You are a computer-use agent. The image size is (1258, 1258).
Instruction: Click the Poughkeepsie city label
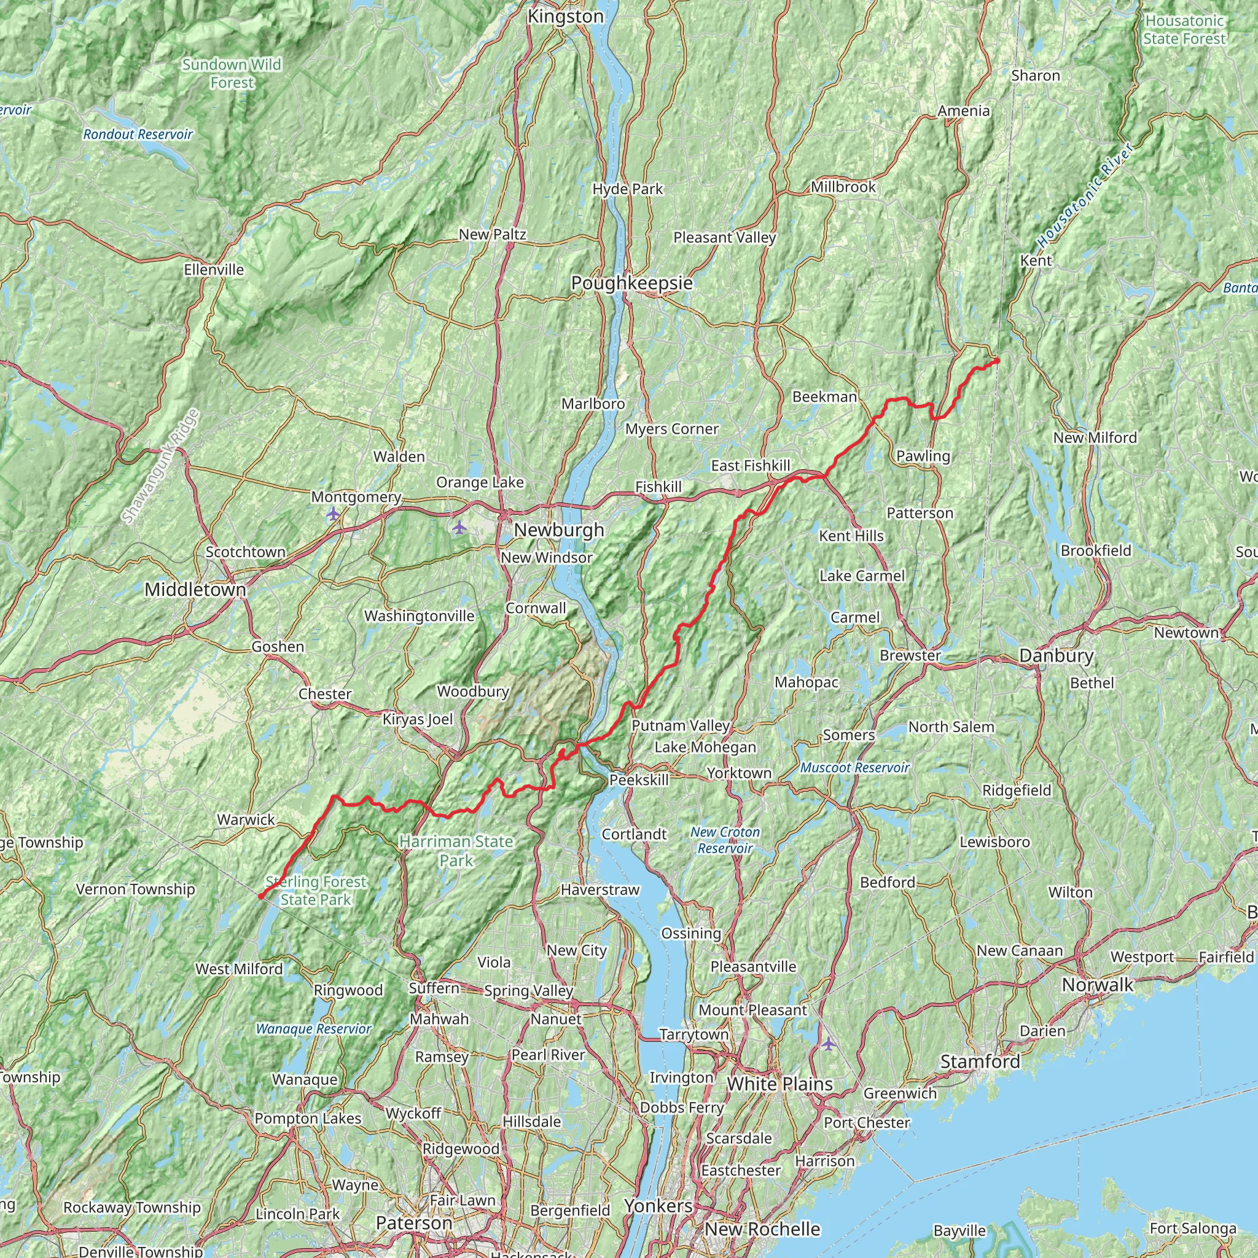[x=631, y=283]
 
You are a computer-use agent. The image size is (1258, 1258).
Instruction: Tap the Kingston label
[x=565, y=17]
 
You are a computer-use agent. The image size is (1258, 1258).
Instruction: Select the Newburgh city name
[x=559, y=530]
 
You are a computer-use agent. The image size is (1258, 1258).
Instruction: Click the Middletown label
[x=195, y=590]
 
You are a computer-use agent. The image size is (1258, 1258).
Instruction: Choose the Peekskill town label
[x=638, y=780]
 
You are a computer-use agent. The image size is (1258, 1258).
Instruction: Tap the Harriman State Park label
[x=456, y=851]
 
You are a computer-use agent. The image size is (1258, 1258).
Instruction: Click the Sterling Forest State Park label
[x=316, y=891]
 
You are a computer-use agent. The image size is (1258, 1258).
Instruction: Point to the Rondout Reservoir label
[x=138, y=135]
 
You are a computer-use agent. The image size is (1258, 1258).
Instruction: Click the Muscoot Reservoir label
[x=854, y=768]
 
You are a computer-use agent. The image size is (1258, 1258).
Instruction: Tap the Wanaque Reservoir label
[x=313, y=1029]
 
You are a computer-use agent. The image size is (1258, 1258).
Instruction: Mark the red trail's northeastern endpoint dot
[x=997, y=361]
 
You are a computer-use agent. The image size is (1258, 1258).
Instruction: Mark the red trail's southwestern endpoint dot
[x=260, y=897]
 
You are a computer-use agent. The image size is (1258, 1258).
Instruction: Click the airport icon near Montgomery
[x=334, y=514]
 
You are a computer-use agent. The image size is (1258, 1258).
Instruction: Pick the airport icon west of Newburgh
[x=459, y=527]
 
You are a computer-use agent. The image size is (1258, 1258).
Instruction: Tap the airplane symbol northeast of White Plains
[x=827, y=1044]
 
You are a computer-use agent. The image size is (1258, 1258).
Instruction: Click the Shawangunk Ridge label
[x=160, y=466]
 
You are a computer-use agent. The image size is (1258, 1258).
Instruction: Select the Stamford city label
[x=980, y=1062]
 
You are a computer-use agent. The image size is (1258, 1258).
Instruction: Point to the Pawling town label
[x=923, y=456]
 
